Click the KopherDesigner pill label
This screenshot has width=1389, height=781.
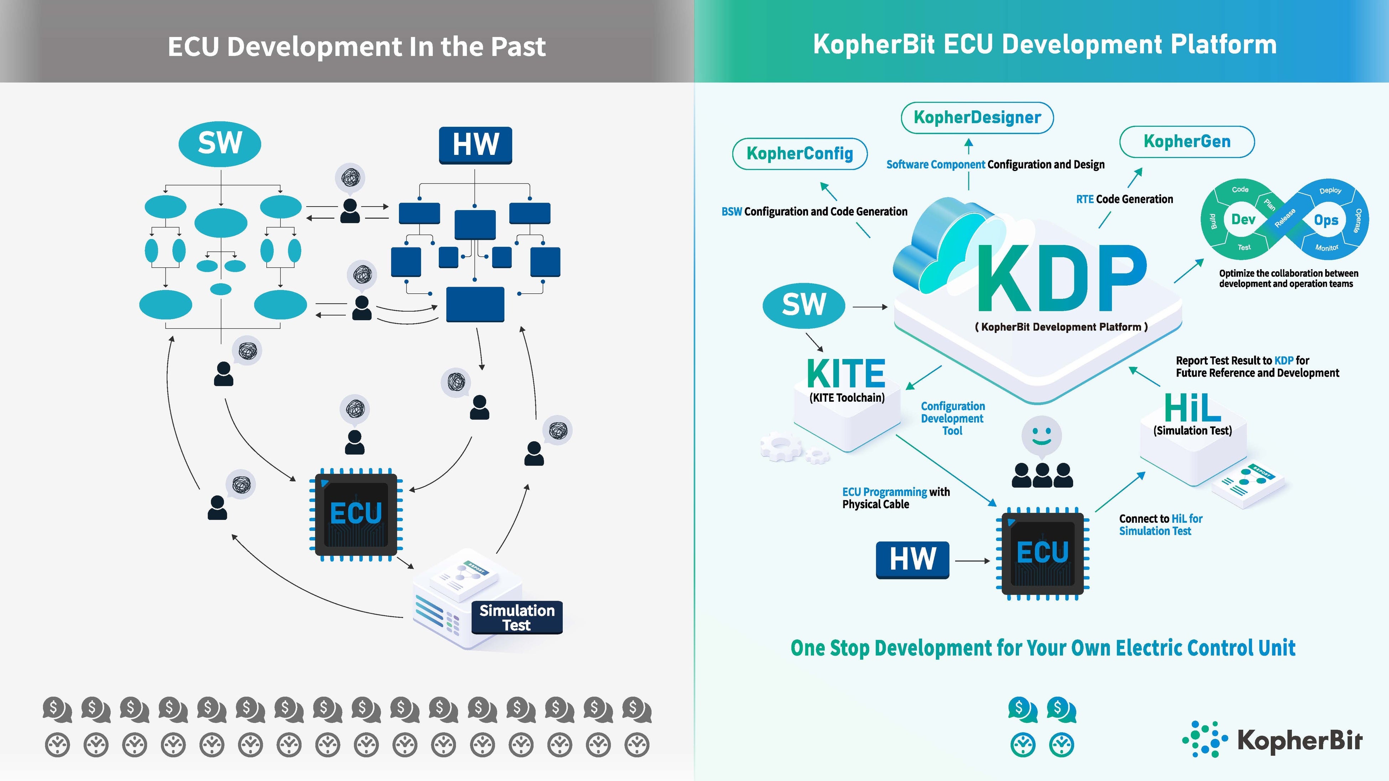tap(977, 118)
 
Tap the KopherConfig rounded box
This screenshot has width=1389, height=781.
tap(800, 153)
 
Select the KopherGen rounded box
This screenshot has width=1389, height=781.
tap(1187, 142)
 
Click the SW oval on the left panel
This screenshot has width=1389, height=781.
tap(220, 144)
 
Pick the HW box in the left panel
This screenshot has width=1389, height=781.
tap(475, 145)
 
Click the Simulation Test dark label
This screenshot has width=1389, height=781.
tap(516, 618)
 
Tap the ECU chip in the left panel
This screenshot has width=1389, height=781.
tap(356, 514)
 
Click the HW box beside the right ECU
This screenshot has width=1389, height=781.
tap(912, 559)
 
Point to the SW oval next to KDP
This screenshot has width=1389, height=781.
tap(803, 305)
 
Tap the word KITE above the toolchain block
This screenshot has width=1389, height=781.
tap(846, 373)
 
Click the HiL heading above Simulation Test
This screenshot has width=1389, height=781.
tap(1192, 408)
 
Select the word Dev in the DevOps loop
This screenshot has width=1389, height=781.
tap(1243, 219)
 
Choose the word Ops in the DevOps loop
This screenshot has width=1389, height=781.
tap(1326, 220)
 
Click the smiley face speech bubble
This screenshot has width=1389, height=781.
tap(1041, 435)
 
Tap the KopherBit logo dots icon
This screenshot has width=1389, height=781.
tap(1205, 739)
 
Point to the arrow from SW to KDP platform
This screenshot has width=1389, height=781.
tap(870, 307)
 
